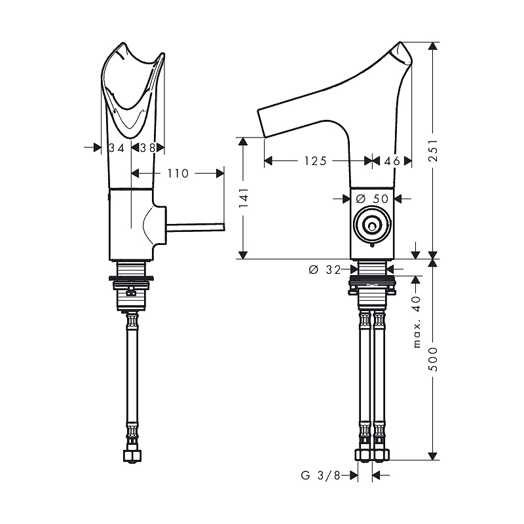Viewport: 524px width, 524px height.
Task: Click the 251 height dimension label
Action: coord(433,151)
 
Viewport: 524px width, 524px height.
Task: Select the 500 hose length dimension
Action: coord(433,359)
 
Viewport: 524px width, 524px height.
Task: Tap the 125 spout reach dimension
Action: coord(315,161)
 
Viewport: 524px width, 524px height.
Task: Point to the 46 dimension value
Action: coord(392,161)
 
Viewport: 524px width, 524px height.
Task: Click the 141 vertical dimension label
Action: coord(243,198)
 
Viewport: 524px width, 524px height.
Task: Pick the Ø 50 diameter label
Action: coord(372,199)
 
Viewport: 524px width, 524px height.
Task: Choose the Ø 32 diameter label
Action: coord(324,269)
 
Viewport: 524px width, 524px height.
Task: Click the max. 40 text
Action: coord(417,322)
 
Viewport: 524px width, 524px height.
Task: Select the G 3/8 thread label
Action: coord(320,476)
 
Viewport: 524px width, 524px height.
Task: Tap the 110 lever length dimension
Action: coord(178,174)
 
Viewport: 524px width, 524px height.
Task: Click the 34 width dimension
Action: coord(117,148)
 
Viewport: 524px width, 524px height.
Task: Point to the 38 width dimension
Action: coord(147,148)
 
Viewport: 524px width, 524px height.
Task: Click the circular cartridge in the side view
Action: coord(372,225)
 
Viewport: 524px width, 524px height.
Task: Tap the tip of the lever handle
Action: coord(223,227)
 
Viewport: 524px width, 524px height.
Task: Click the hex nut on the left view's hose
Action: coord(132,456)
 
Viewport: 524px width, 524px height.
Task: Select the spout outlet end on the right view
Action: coord(261,123)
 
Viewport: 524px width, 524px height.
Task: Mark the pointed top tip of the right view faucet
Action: coord(400,42)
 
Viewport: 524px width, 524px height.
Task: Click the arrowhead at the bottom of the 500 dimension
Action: coord(433,456)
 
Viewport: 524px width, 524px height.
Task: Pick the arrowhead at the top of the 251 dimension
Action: coord(433,46)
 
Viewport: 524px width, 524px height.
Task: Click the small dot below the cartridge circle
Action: coord(372,246)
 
